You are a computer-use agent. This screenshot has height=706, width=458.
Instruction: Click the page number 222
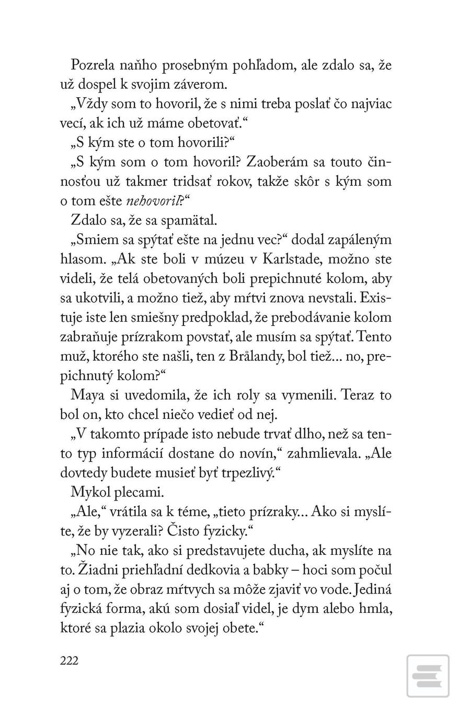coord(69,661)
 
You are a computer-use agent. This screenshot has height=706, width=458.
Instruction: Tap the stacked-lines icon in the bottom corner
coord(428,676)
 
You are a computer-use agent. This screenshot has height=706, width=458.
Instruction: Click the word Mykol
coord(86,492)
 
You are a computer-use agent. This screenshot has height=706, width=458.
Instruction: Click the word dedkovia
coord(241,569)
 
